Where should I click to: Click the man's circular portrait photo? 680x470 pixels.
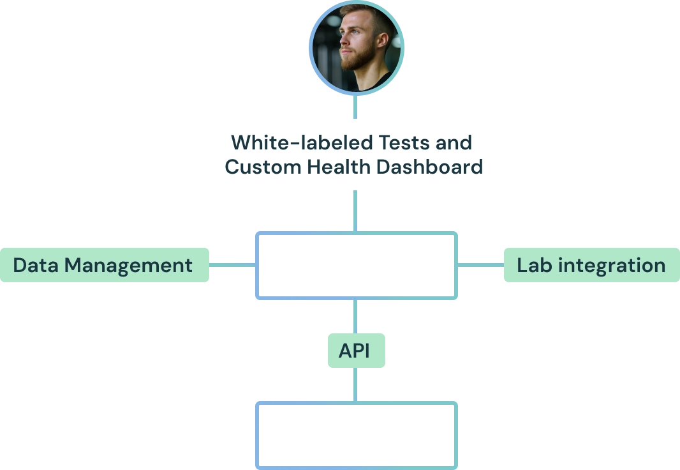(355, 50)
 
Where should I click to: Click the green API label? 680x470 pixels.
(355, 351)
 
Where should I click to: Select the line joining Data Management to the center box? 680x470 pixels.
(232, 265)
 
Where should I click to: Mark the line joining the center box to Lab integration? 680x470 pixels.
(480, 265)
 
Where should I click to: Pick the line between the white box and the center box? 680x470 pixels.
(355, 212)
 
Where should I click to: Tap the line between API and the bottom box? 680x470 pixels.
(355, 383)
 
